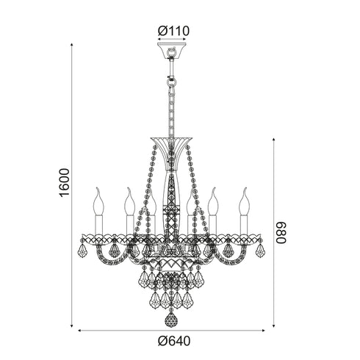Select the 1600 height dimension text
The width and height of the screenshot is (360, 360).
click(x=65, y=183)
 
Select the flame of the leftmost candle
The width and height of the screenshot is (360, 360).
click(x=98, y=198)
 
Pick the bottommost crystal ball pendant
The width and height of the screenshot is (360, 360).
click(x=171, y=322)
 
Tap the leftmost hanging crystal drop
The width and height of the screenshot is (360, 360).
click(x=83, y=252)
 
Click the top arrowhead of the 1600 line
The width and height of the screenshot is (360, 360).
click(x=73, y=44)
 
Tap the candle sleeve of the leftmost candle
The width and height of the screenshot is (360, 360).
click(x=98, y=223)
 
